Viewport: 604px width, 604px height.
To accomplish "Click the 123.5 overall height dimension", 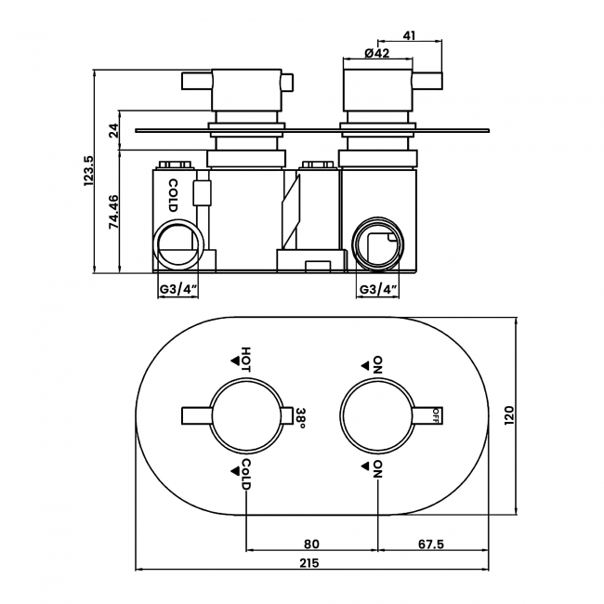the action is point(88,171).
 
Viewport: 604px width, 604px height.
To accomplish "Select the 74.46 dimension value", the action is point(113,212).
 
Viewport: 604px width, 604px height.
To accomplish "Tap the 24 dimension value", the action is point(113,131).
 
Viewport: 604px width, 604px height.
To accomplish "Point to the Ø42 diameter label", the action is point(376,53).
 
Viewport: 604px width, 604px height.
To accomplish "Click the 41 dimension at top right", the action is point(409,35).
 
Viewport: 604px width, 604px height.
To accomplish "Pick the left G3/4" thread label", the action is point(178,289).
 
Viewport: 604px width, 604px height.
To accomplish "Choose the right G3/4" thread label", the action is point(378,289).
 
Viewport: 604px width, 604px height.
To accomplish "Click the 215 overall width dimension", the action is point(309,563).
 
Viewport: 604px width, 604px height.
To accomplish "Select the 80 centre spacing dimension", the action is point(311,544).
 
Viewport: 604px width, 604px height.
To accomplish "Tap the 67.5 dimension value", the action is point(431,544).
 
